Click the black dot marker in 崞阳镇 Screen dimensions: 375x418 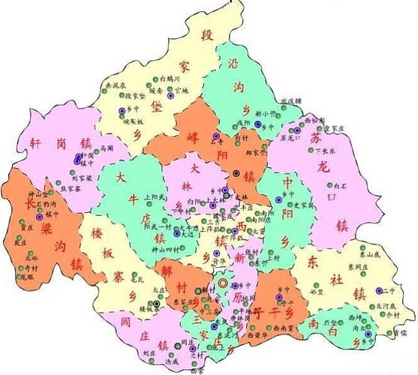(x=236, y=173)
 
